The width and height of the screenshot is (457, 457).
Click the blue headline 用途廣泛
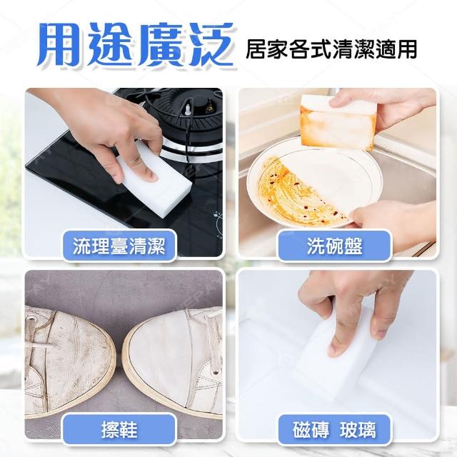point(135,44)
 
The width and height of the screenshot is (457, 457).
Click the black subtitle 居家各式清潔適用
point(331,49)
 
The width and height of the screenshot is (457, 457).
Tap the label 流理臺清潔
point(119,246)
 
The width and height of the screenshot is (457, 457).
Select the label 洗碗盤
point(335,246)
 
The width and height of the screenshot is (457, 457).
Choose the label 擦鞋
point(119,430)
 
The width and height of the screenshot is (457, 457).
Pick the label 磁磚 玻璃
point(335,430)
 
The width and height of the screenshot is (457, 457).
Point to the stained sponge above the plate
point(338,122)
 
